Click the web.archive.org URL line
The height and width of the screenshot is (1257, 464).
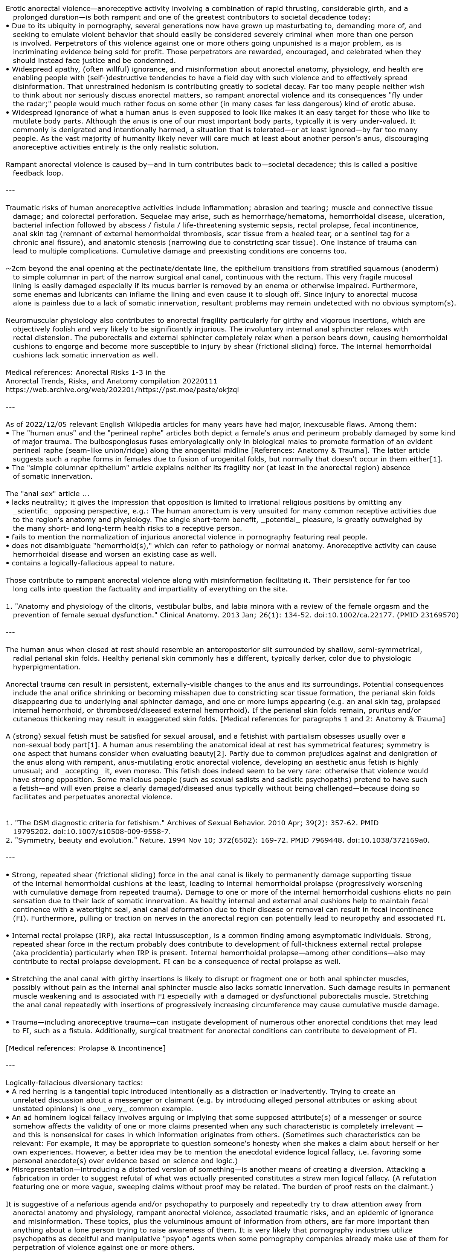coord(122,389)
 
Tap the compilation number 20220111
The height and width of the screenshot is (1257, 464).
coord(198,380)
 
